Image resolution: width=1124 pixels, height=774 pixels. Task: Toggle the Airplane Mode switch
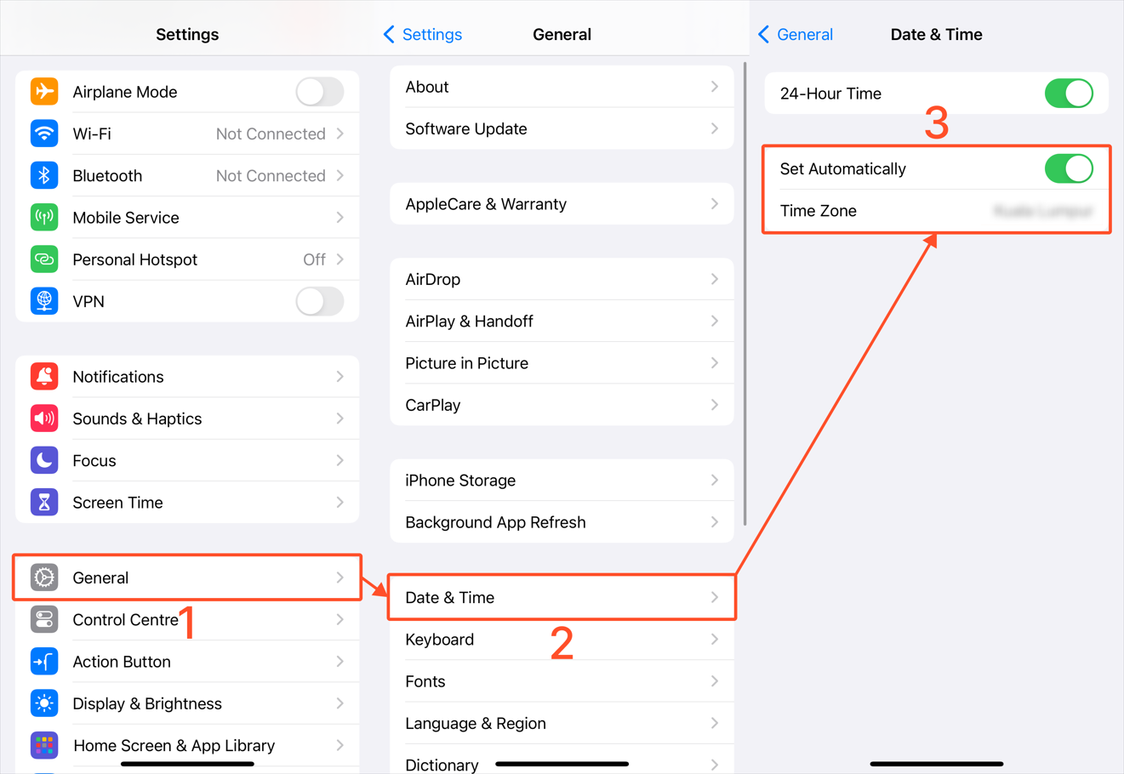pos(320,92)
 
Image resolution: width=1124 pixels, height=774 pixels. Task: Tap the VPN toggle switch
pos(320,301)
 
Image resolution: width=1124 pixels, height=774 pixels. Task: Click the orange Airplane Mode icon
pos(44,92)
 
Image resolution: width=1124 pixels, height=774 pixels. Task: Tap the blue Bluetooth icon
pos(44,175)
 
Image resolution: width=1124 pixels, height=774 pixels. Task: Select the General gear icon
pos(44,578)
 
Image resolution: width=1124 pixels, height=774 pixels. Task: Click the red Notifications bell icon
pos(44,377)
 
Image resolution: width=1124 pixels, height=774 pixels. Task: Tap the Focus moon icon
pos(44,460)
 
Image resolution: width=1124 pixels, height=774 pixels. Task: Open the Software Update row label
pos(466,129)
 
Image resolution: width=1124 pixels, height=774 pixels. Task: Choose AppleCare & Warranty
pos(486,204)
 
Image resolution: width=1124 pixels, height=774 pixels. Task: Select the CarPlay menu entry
pos(433,405)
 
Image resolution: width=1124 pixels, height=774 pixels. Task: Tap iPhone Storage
pos(460,481)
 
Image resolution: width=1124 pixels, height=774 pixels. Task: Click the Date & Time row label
pos(450,598)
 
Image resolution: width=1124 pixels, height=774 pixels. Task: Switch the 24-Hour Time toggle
pos(1069,94)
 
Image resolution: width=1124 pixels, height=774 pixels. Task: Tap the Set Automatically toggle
pos(1069,168)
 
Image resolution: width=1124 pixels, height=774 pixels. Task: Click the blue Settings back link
pos(423,35)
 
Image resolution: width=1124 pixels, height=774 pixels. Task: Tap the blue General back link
pos(796,35)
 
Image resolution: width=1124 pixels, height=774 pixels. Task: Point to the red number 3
pos(936,124)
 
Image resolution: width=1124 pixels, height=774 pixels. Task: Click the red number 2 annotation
pos(562,644)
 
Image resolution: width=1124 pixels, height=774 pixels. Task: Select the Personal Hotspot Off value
pos(314,259)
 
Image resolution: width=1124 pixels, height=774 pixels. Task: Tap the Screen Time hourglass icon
pos(44,503)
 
